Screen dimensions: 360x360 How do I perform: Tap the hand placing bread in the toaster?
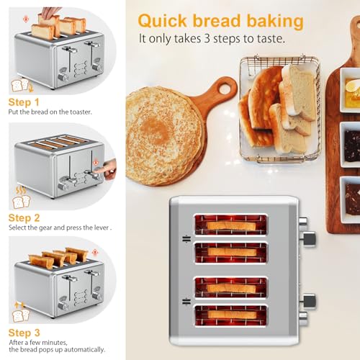point(50,12)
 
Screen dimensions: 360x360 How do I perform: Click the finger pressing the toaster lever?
point(107,171)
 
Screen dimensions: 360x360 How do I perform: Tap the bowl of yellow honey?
point(351,91)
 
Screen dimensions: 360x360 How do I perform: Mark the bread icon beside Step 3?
point(19,316)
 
